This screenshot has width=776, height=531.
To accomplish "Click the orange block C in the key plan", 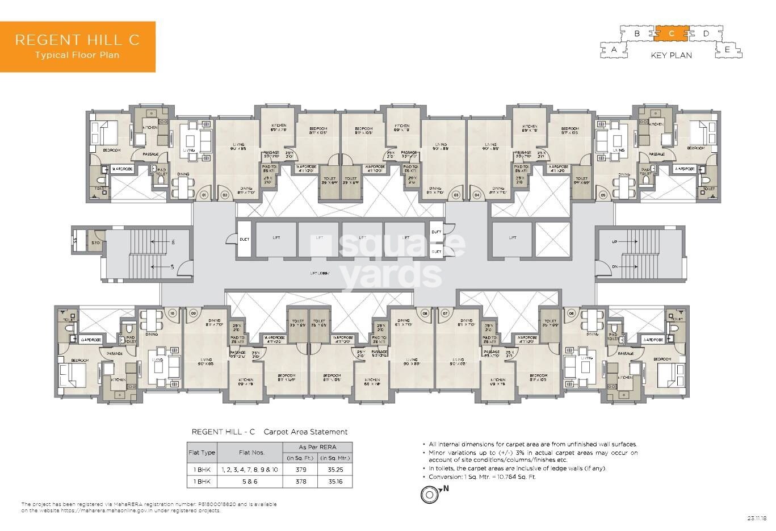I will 672,34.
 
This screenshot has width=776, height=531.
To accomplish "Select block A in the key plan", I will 614,50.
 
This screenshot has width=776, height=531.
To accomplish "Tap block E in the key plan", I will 727,50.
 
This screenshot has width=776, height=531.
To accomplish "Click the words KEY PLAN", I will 671,56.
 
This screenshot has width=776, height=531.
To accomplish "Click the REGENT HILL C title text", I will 77,40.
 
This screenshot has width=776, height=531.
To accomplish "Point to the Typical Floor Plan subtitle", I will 77,55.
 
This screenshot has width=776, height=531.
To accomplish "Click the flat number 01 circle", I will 204,195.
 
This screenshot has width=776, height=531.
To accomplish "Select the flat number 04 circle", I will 477,195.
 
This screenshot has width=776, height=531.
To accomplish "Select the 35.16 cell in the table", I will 335,482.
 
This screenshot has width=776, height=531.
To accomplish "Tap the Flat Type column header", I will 202,453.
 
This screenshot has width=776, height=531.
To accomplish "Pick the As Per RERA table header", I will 317,447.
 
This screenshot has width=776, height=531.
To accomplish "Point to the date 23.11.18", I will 757,517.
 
